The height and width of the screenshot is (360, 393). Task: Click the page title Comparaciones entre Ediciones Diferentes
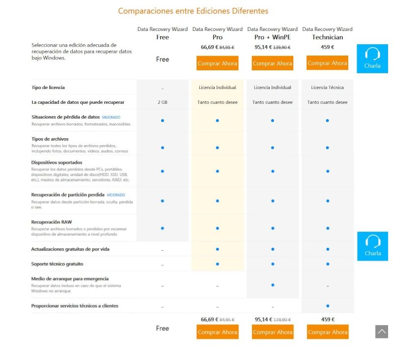[193, 11]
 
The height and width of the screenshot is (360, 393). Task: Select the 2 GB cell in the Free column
[162, 102]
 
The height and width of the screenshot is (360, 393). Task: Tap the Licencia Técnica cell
[327, 88]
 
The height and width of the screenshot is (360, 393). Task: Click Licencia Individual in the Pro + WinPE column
[272, 88]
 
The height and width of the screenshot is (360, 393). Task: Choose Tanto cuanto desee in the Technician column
[327, 102]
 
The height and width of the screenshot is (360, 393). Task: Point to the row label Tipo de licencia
[48, 88]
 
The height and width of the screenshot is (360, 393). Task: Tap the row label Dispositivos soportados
[56, 162]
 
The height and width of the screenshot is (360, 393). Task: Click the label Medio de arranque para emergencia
[70, 279]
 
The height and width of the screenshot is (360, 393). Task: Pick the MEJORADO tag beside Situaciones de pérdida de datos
[111, 118]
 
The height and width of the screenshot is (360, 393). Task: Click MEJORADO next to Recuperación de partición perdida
[116, 195]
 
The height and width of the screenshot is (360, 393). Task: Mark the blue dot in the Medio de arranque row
[272, 285]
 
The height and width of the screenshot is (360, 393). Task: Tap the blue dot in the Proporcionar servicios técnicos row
[327, 306]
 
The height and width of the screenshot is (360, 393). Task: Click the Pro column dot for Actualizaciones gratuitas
[217, 249]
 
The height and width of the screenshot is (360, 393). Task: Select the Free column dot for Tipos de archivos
[162, 148]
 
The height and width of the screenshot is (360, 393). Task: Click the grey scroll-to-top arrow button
[382, 331]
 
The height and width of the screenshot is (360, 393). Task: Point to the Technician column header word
[327, 37]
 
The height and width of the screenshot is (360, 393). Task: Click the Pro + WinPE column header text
[272, 37]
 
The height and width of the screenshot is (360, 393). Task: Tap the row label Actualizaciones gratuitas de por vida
[70, 249]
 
